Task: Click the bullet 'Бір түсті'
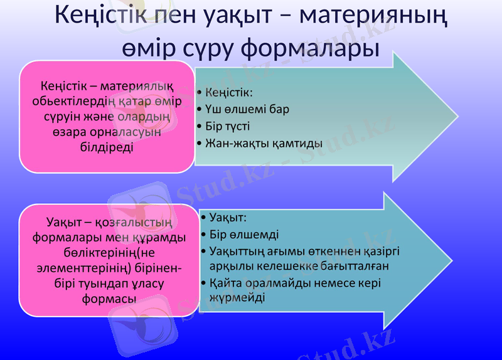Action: pyautogui.click(x=228, y=126)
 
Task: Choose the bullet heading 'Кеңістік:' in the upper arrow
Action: pyautogui.click(x=228, y=93)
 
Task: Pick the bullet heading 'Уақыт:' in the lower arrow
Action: pyautogui.click(x=227, y=218)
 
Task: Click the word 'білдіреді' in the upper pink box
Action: pyautogui.click(x=106, y=147)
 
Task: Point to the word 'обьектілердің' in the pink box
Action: pyautogui.click(x=70, y=101)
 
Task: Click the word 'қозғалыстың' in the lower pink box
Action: pyautogui.click(x=134, y=223)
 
